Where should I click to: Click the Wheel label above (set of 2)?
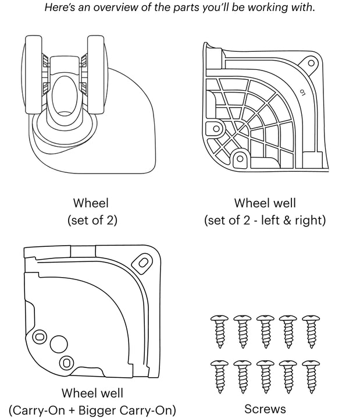pos(91,203)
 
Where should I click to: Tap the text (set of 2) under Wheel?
pos(91,221)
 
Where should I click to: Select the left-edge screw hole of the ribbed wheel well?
pos(217,128)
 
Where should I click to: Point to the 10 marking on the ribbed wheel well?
pos(302,91)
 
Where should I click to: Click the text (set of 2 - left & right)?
pos(265,221)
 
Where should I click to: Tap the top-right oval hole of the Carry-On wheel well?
pos(141,264)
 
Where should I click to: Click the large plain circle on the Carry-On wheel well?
pos(58,344)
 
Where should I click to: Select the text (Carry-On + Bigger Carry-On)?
pos(92,409)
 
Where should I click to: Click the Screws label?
pos(265,409)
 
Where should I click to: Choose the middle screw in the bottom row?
pos(265,376)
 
